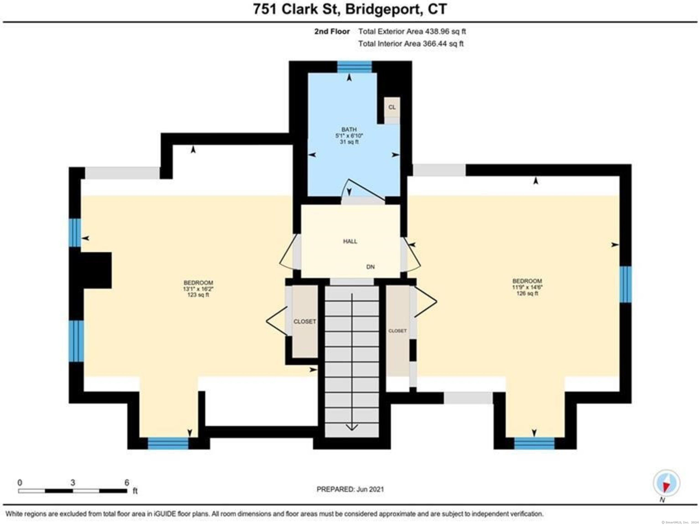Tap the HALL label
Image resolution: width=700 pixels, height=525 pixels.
coord(350,241)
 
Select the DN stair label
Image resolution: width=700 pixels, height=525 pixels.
coord(370,267)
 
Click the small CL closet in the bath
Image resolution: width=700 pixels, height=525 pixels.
coord(392,107)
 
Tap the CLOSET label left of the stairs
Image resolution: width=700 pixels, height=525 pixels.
coord(304,321)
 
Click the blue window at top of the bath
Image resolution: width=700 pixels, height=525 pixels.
coord(354,67)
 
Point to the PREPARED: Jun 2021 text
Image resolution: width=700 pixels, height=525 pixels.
coord(350,489)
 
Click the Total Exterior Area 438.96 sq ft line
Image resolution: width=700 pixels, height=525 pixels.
coord(412,31)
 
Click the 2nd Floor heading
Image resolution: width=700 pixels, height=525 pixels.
coord(332,31)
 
